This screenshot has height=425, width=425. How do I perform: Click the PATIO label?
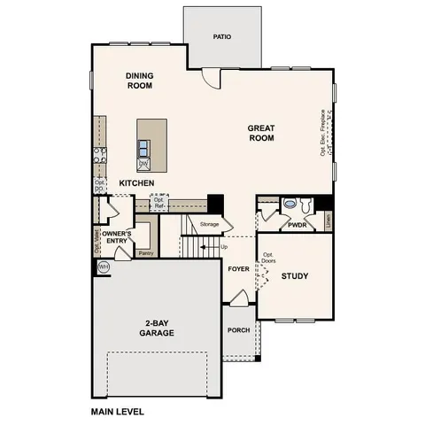pyautogui.click(x=222, y=37)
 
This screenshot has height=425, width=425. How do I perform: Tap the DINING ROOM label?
pyautogui.click(x=140, y=81)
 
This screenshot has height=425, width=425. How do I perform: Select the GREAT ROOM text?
pyautogui.click(x=261, y=133)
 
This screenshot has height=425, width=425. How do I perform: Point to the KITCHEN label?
pyautogui.click(x=137, y=183)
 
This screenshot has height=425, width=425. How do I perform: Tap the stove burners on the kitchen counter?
pyautogui.click(x=99, y=157)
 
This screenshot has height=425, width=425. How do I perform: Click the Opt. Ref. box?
pyautogui.click(x=159, y=203)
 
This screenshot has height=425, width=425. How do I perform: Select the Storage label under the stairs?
pyautogui.click(x=209, y=224)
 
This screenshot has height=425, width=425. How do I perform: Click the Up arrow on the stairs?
pyautogui.click(x=223, y=246)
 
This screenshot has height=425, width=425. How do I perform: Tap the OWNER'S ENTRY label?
pyautogui.click(x=117, y=236)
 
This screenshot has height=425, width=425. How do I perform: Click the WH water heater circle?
pyautogui.click(x=104, y=267)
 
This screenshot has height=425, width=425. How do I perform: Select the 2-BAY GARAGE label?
pyautogui.click(x=155, y=327)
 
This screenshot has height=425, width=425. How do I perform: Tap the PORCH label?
pyautogui.click(x=238, y=329)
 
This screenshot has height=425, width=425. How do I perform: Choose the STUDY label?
pyautogui.click(x=295, y=277)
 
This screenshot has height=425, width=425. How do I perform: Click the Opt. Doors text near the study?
pyautogui.click(x=267, y=259)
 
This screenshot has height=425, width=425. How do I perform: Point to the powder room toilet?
pyautogui.click(x=290, y=205)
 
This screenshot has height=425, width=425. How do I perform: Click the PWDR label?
pyautogui.click(x=297, y=226)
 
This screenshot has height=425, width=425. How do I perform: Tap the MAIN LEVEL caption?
pyautogui.click(x=117, y=412)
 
